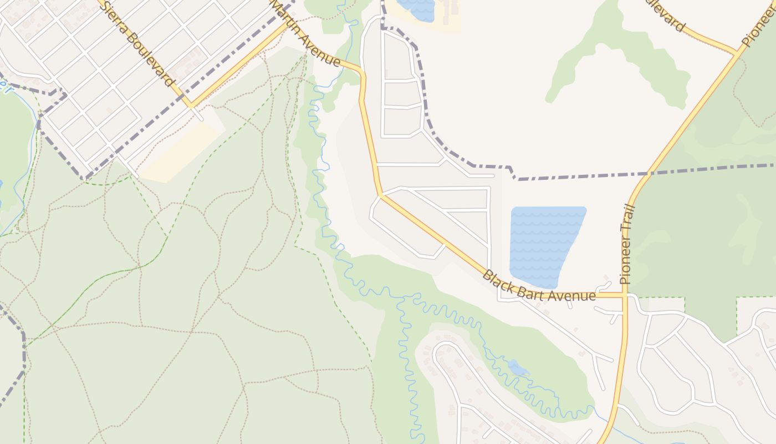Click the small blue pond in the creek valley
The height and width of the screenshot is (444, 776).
[x=518, y=367]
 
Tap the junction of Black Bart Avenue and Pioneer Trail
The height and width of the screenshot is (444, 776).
[x=625, y=295]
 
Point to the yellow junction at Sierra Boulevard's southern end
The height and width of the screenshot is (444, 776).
[x=190, y=104]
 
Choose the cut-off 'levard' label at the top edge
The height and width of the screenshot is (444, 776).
[x=667, y=15]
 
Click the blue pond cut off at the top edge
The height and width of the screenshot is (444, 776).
[x=417, y=9]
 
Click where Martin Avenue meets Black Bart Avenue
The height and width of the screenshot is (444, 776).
[x=381, y=195]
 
